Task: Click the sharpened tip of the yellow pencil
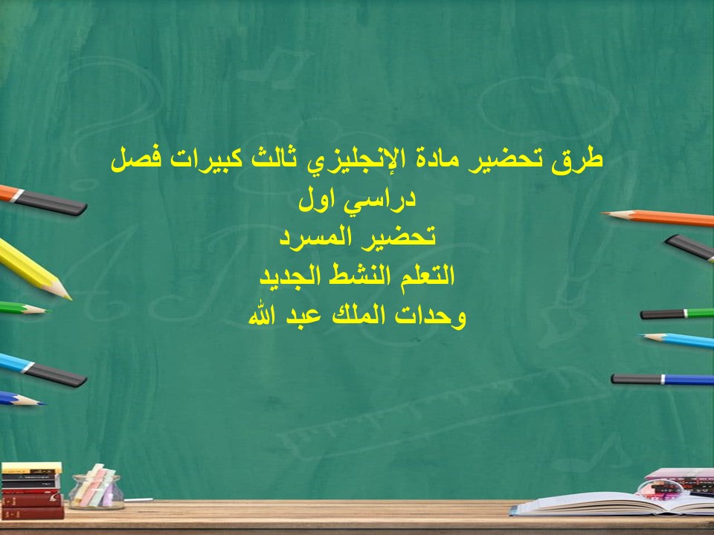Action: (65, 295)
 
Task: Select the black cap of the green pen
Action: (662, 314)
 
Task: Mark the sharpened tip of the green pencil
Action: (41, 309)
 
